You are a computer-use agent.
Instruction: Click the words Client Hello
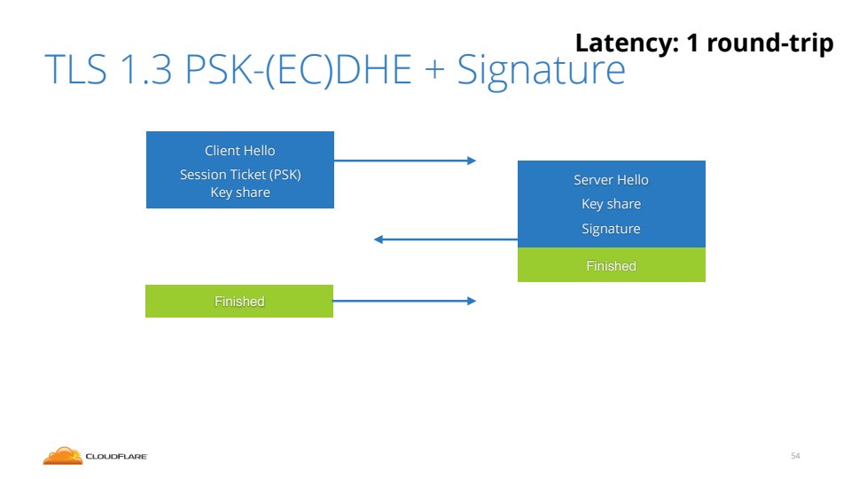point(239,151)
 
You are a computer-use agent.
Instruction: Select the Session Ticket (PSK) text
point(240,175)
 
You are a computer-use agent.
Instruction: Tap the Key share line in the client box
point(240,192)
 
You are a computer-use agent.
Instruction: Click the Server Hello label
point(611,180)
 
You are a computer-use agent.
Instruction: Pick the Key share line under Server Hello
point(611,204)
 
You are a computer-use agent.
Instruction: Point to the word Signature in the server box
point(611,229)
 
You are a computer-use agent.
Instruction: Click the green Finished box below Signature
point(611,265)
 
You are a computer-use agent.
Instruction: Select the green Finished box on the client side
point(239,302)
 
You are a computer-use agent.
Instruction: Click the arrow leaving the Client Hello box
point(404,161)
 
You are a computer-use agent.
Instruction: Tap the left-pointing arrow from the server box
point(445,239)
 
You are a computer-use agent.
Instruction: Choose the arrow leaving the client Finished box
point(404,302)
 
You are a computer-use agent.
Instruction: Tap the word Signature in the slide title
point(541,71)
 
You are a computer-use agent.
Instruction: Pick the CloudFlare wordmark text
point(116,457)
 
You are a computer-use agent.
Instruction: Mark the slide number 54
point(795,456)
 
